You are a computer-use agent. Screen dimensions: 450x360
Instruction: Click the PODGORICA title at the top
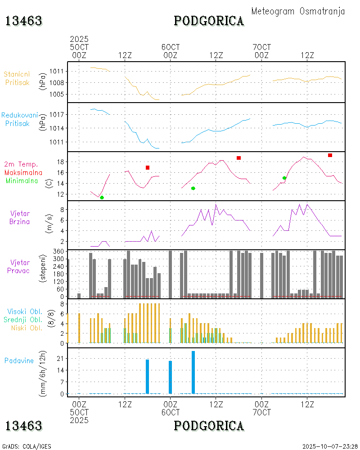pos(209,21)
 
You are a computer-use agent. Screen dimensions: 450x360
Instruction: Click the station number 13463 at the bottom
pos(24,426)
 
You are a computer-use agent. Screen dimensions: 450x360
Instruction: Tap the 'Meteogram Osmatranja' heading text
pos(298,11)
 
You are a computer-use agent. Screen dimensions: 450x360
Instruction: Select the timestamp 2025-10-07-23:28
pos(329,446)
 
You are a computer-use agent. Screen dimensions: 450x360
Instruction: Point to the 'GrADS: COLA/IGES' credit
pos(27,446)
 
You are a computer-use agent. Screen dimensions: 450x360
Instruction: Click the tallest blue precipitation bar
pos(193,372)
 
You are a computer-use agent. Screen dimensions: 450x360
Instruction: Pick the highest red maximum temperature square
pos(330,155)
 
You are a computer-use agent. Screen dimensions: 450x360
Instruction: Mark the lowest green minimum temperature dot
pos(102,198)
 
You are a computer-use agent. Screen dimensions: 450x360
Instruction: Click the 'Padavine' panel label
pos(19,360)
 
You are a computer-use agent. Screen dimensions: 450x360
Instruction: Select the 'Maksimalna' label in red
pos(23,172)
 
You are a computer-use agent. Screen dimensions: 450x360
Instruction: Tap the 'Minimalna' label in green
pos(22,180)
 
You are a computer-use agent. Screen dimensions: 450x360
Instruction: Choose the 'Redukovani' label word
pos(19,115)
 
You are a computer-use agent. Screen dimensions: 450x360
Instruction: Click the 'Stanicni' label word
pos(18,74)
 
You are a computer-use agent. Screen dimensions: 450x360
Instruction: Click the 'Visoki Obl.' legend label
pos(25,312)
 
